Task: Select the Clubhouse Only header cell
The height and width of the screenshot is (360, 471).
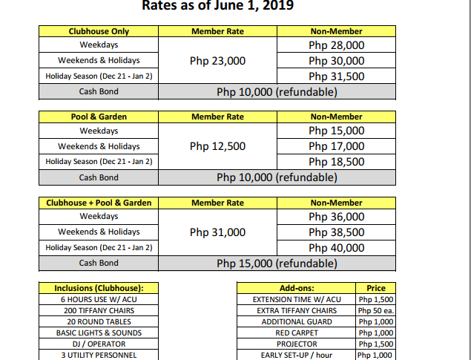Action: pyautogui.click(x=99, y=31)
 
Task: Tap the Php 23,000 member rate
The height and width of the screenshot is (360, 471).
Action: pyautogui.click(x=217, y=61)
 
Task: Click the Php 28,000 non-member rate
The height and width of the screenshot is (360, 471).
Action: pyautogui.click(x=336, y=45)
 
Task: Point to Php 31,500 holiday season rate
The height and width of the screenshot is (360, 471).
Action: pyautogui.click(x=336, y=76)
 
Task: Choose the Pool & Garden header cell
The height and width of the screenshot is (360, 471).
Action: pyautogui.click(x=99, y=117)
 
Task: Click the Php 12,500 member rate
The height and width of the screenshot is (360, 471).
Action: pyautogui.click(x=217, y=146)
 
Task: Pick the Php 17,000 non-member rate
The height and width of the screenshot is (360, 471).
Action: pyautogui.click(x=336, y=146)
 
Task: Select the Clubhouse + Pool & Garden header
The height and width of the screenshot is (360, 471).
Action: pyautogui.click(x=99, y=203)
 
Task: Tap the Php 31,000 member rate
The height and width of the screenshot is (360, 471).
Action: pyautogui.click(x=217, y=232)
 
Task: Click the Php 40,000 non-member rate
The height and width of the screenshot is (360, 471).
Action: pyautogui.click(x=336, y=248)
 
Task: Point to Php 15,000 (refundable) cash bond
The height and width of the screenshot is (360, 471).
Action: pyautogui.click(x=277, y=264)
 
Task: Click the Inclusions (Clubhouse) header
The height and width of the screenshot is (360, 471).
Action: pyautogui.click(x=99, y=288)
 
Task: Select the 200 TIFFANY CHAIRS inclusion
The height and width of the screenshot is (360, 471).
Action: pyautogui.click(x=99, y=310)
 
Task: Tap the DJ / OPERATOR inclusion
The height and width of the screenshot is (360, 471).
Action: pyautogui.click(x=99, y=344)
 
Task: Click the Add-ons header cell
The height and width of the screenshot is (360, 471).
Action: pyautogui.click(x=297, y=288)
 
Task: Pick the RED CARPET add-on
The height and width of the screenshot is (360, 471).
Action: pyautogui.click(x=297, y=333)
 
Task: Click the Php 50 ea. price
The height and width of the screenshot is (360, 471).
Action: pyautogui.click(x=375, y=310)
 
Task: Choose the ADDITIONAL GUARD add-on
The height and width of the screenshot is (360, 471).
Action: pyautogui.click(x=297, y=321)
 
